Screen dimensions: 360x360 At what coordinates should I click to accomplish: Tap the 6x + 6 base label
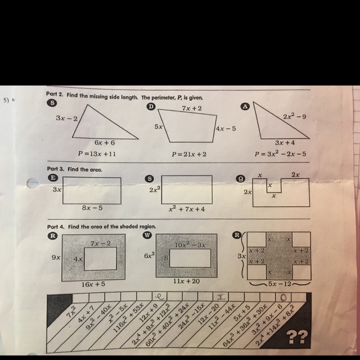[x=105, y=143]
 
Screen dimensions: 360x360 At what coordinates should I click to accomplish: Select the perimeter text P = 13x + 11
[x=97, y=153]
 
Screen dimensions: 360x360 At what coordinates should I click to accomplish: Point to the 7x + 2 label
[x=192, y=107]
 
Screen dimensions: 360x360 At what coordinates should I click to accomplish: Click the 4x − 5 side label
[x=226, y=129]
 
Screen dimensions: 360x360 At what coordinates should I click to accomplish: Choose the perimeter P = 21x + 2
[x=189, y=154]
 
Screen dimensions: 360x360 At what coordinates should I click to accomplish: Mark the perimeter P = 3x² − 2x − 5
[x=280, y=154]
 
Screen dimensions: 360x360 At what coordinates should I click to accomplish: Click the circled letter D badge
[x=150, y=106]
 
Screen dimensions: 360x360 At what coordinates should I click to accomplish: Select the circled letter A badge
[x=244, y=106]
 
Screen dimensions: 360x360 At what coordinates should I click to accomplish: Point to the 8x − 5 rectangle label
[x=92, y=208]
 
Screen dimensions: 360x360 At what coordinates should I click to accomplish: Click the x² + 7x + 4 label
[x=187, y=209]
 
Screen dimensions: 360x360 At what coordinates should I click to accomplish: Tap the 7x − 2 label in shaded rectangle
[x=100, y=243]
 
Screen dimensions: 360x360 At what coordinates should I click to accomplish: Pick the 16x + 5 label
[x=93, y=285]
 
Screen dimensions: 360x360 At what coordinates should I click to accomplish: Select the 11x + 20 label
[x=187, y=281]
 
